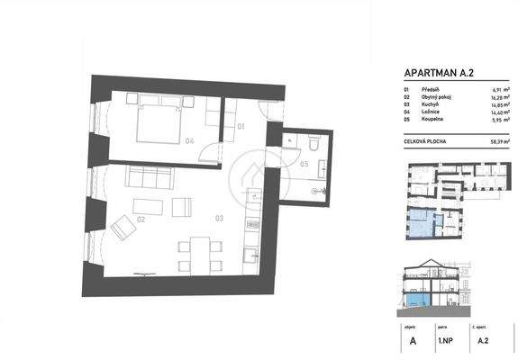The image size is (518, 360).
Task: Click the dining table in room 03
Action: coord(196,251)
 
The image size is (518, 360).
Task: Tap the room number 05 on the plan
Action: coord(305,164)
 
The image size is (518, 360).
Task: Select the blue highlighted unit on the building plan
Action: coord(418,218)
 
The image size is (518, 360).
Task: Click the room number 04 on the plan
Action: coord(188,142)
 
